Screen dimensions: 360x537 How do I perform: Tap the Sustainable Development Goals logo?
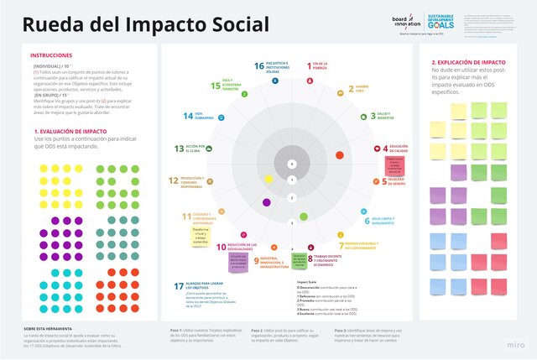click(442, 20)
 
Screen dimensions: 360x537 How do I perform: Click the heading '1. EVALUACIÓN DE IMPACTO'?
click(72, 132)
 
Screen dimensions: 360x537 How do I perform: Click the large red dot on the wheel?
click(339, 154)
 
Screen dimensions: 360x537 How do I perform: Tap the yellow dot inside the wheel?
click(267, 179)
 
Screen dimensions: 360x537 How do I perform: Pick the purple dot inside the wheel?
click(267, 201)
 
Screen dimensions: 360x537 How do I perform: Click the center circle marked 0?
click(291, 164)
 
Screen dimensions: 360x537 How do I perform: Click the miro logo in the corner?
click(519, 346)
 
